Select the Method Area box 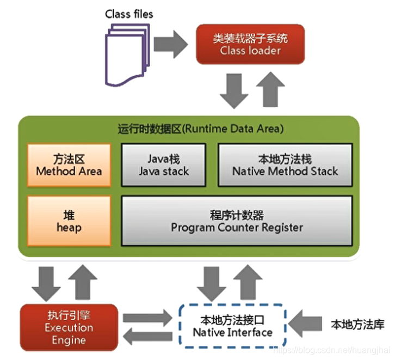pos(69,164)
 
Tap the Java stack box pos(164,164)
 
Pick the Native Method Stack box pos(285,164)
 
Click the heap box pos(69,219)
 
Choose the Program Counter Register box pos(237,220)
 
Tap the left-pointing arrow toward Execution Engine pos(147,335)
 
